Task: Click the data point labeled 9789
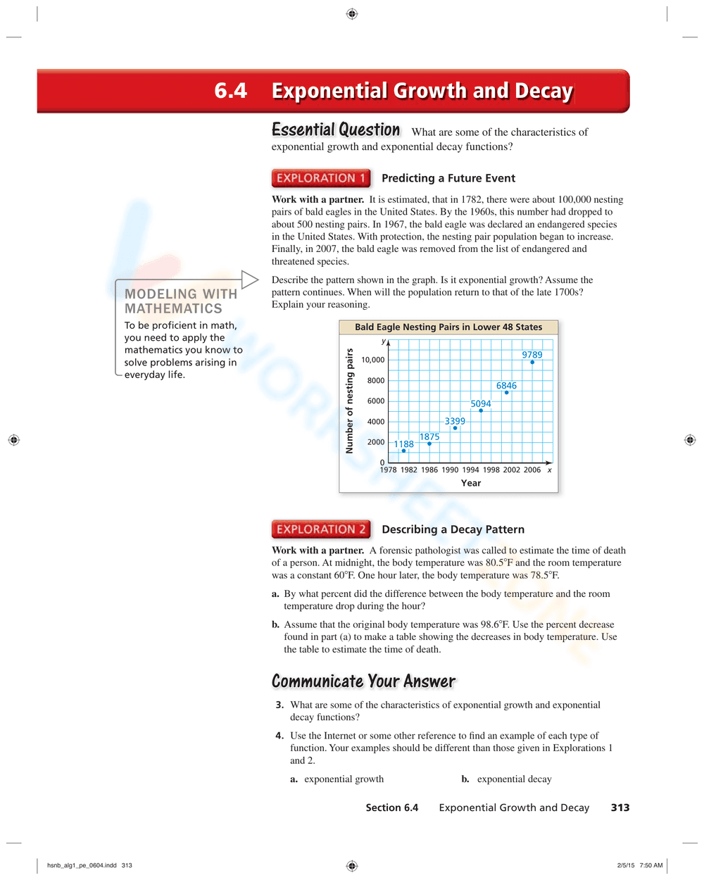coord(532,363)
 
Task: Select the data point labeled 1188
coord(403,451)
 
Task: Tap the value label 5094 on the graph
coord(481,403)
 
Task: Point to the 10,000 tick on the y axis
coord(373,360)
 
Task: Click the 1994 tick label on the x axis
coord(470,470)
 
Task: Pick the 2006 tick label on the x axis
coord(532,470)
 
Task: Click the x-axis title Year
coord(471,483)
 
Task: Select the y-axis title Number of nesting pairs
coord(349,401)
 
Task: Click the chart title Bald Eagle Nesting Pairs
coord(448,327)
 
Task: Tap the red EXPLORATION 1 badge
coord(321,178)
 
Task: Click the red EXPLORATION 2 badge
coord(321,529)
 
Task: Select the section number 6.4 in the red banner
coord(231,91)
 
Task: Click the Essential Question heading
coord(336,130)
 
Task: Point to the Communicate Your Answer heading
coord(363,681)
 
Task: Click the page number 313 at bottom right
coord(620,807)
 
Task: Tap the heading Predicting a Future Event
coord(448,178)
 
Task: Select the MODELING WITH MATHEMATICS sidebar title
coord(181,301)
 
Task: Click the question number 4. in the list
coord(279,736)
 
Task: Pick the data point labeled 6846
coord(507,393)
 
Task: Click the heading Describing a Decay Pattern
coord(453,529)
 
